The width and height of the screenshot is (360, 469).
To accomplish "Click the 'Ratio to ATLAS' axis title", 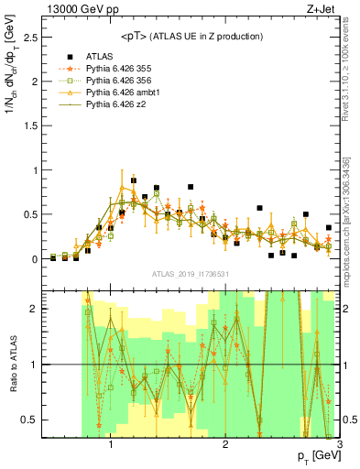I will pyautogui.click(x=12, y=363).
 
